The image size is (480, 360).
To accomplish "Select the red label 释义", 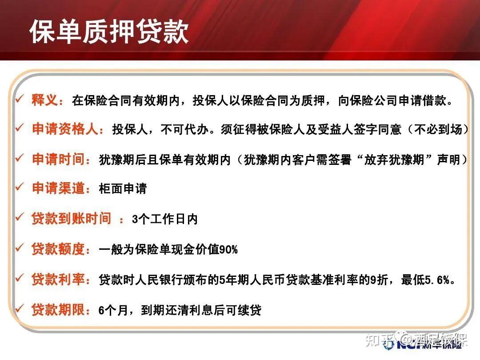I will click(44, 100).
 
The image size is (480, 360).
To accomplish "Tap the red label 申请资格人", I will click(65, 129).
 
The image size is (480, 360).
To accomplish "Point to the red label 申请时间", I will click(58, 159).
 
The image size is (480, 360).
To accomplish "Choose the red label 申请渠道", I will click(58, 188).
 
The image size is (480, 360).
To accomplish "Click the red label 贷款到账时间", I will click(71, 219).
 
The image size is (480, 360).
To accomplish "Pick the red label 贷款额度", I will click(58, 249).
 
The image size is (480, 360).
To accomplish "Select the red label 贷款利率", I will click(58, 280).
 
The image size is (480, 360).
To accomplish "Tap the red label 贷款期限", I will click(58, 309).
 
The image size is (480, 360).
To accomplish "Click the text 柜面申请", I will click(123, 189).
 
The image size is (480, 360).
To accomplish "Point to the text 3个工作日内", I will click(164, 219).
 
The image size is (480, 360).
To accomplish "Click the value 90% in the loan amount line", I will click(228, 250).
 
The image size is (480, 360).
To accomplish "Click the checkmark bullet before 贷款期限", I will click(19, 308).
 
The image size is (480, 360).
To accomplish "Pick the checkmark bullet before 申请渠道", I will click(19, 187).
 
